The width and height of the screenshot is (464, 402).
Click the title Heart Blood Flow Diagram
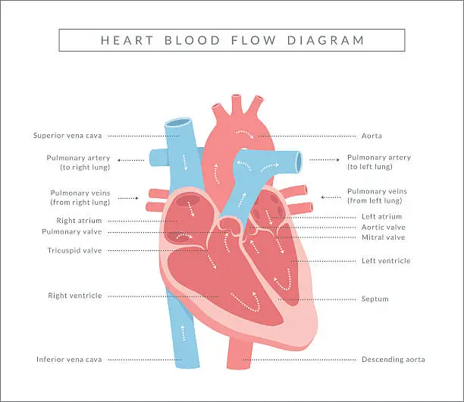coord(232,40)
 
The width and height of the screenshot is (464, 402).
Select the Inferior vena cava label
coord(69,360)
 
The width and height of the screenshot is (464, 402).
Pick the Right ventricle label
coord(74,296)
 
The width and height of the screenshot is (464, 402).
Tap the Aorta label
coord(372,136)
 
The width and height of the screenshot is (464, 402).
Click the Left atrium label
coord(381,217)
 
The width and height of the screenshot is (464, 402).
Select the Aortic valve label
coord(384,227)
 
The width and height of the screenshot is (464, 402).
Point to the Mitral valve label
coord(383,237)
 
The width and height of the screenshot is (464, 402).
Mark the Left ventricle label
coord(386,261)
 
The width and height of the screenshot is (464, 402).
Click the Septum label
coord(375,300)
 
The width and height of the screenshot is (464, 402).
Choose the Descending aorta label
coord(393,360)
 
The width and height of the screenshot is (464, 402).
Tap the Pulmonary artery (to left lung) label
coord(378,162)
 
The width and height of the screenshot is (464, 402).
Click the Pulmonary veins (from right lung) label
coord(80,197)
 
